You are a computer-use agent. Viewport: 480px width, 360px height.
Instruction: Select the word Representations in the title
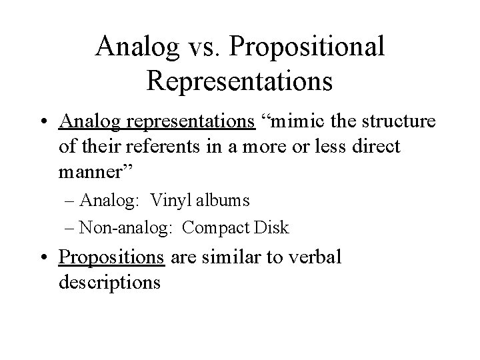[x=240, y=80]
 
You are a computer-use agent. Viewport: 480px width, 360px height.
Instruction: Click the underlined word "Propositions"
[x=113, y=257]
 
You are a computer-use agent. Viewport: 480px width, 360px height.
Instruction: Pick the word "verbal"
[x=311, y=257]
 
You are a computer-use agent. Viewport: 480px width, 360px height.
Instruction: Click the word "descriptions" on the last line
[x=109, y=282]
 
